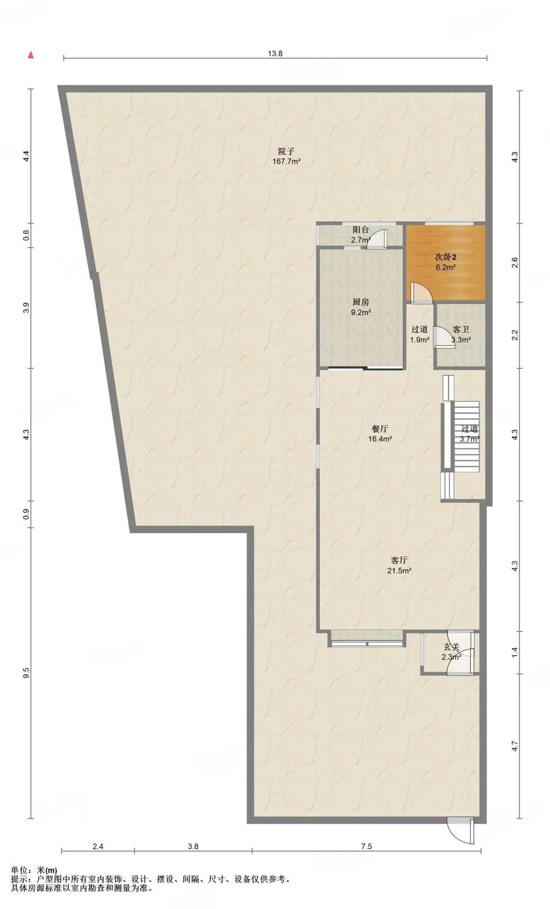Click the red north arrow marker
(31, 55)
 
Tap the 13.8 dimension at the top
(275, 54)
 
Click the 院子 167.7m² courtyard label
(287, 156)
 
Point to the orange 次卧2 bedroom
(446, 262)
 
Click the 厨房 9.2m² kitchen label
(361, 307)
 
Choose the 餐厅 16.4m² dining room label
(380, 434)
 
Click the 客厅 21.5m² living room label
(399, 565)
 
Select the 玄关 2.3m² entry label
(452, 652)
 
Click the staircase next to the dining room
(466, 436)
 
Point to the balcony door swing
(378, 238)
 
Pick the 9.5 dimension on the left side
(26, 672)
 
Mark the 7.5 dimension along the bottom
(366, 846)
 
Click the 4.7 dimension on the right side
(515, 746)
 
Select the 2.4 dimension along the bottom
(98, 846)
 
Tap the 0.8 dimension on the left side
(26, 234)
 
